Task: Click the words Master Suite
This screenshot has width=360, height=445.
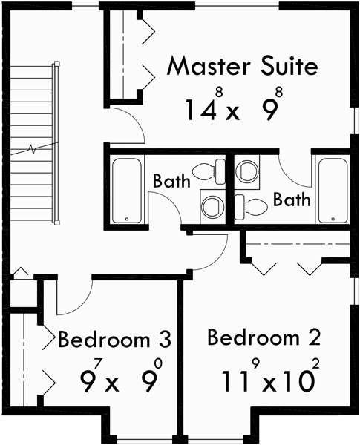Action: [243, 66]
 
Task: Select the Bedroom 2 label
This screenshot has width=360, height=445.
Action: [264, 338]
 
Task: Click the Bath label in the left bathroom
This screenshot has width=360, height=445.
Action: [172, 180]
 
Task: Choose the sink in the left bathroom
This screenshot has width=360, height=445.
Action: [212, 205]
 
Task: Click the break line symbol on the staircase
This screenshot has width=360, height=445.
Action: [33, 147]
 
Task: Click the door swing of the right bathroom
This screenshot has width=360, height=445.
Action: [293, 171]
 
